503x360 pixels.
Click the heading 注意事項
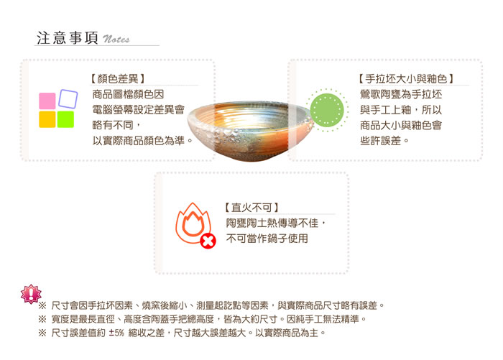(68, 38)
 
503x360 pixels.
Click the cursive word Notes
(116, 39)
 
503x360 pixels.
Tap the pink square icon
(47, 101)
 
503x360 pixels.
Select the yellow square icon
(47, 119)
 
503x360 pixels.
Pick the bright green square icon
(65, 119)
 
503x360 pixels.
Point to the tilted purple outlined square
(68, 98)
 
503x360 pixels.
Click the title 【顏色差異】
(117, 78)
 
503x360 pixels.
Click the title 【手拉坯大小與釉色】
(406, 78)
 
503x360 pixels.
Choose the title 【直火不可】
(251, 208)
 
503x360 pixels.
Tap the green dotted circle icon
(327, 110)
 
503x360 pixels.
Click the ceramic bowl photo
(251, 131)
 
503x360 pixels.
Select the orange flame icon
(193, 222)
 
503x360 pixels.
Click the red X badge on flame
(208, 241)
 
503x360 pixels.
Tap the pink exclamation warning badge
(31, 294)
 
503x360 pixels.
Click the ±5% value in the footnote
(116, 333)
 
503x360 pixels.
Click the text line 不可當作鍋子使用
(267, 239)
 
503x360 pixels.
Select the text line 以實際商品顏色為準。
(143, 141)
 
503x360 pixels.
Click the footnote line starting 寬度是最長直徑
(202, 319)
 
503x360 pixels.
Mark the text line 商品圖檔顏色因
(129, 94)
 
